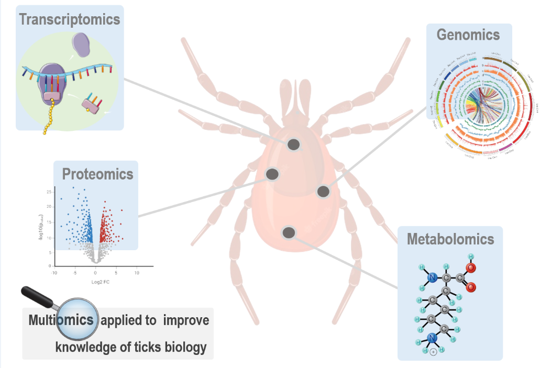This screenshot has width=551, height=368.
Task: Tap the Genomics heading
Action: coord(468,35)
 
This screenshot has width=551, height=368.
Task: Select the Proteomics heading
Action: coord(97,174)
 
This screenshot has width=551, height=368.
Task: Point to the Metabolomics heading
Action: coord(450,240)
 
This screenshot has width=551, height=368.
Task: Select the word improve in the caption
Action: coord(186,320)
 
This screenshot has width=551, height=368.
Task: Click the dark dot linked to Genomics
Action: coord(323,192)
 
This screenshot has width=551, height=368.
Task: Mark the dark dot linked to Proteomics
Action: coord(272,174)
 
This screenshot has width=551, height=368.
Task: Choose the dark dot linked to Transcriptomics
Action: coord(294,144)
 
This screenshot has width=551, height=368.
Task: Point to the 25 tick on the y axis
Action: coord(49,192)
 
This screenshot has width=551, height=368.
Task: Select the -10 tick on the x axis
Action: coord(53,273)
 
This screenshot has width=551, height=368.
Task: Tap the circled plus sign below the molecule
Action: coord(433,352)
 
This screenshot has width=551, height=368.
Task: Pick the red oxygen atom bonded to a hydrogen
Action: coord(471,269)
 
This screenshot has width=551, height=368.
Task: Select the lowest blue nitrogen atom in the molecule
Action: coord(432,338)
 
